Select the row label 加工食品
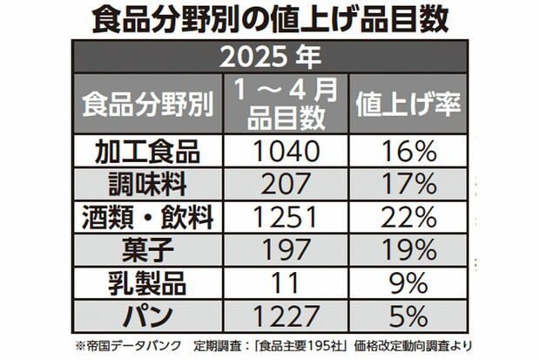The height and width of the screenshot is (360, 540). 146,153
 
